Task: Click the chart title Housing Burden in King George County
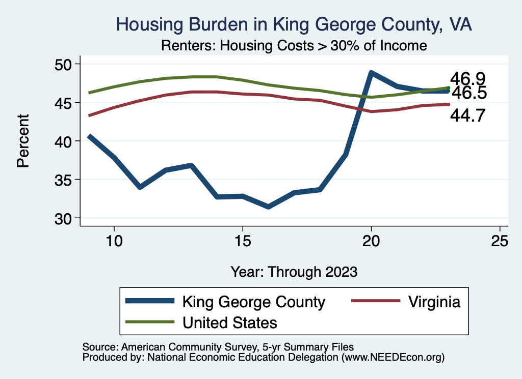coord(294,24)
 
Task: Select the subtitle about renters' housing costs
coord(294,45)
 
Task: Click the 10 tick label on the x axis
coord(114,241)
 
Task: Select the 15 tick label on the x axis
coord(243,241)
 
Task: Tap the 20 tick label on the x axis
coord(371,241)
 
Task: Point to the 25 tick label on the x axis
coord(500,241)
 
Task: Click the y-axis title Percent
coord(22,141)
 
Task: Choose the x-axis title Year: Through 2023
coord(294,271)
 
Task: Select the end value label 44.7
coord(467,115)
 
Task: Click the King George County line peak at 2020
coord(371,73)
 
